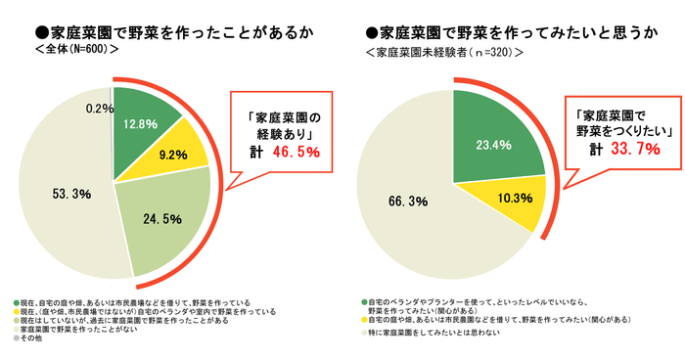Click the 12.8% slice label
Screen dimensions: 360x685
coord(141,125)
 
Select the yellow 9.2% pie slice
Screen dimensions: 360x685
coord(175,155)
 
